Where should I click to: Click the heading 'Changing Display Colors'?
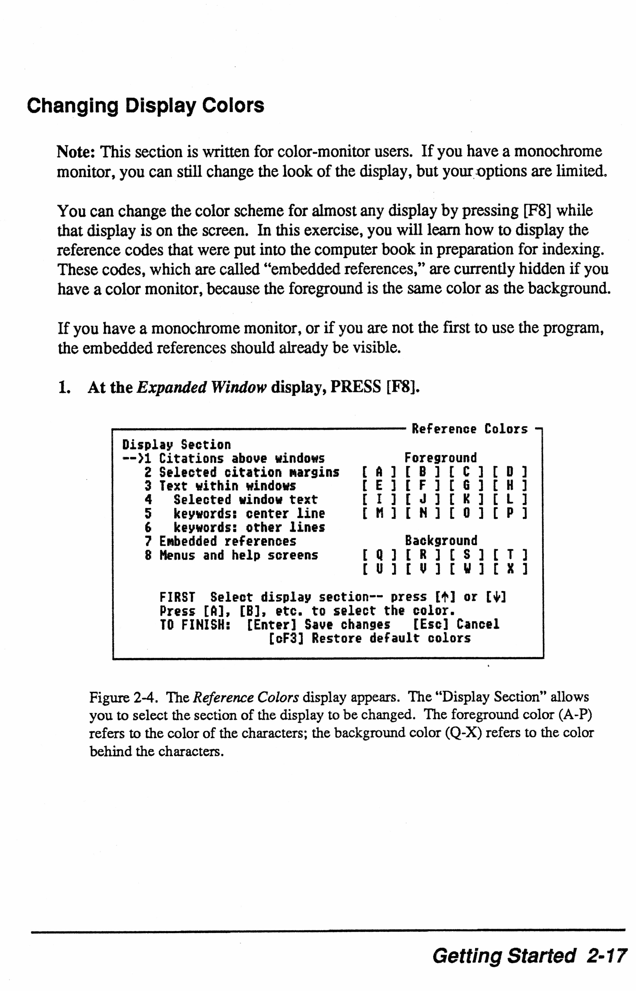click(145, 106)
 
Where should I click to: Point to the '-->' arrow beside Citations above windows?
click(132, 459)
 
